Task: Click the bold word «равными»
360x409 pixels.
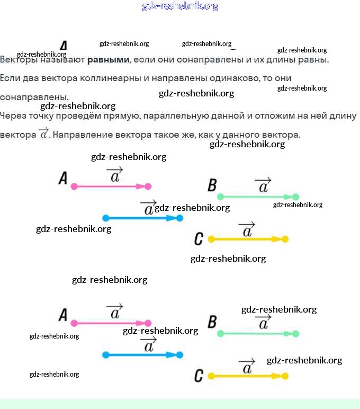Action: (108, 59)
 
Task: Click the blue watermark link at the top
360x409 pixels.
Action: (180, 6)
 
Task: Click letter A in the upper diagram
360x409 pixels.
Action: (63, 179)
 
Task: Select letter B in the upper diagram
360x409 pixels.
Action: (212, 185)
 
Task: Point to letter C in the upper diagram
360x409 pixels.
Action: (199, 239)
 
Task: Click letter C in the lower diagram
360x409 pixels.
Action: (199, 376)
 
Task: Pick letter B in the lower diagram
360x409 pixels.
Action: (212, 322)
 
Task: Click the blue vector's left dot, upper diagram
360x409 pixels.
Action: (105, 218)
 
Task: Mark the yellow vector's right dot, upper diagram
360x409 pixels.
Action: (285, 239)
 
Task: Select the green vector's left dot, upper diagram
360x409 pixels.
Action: (221, 197)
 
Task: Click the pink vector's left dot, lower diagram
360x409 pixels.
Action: (74, 323)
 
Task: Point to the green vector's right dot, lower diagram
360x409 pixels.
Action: (295, 334)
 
